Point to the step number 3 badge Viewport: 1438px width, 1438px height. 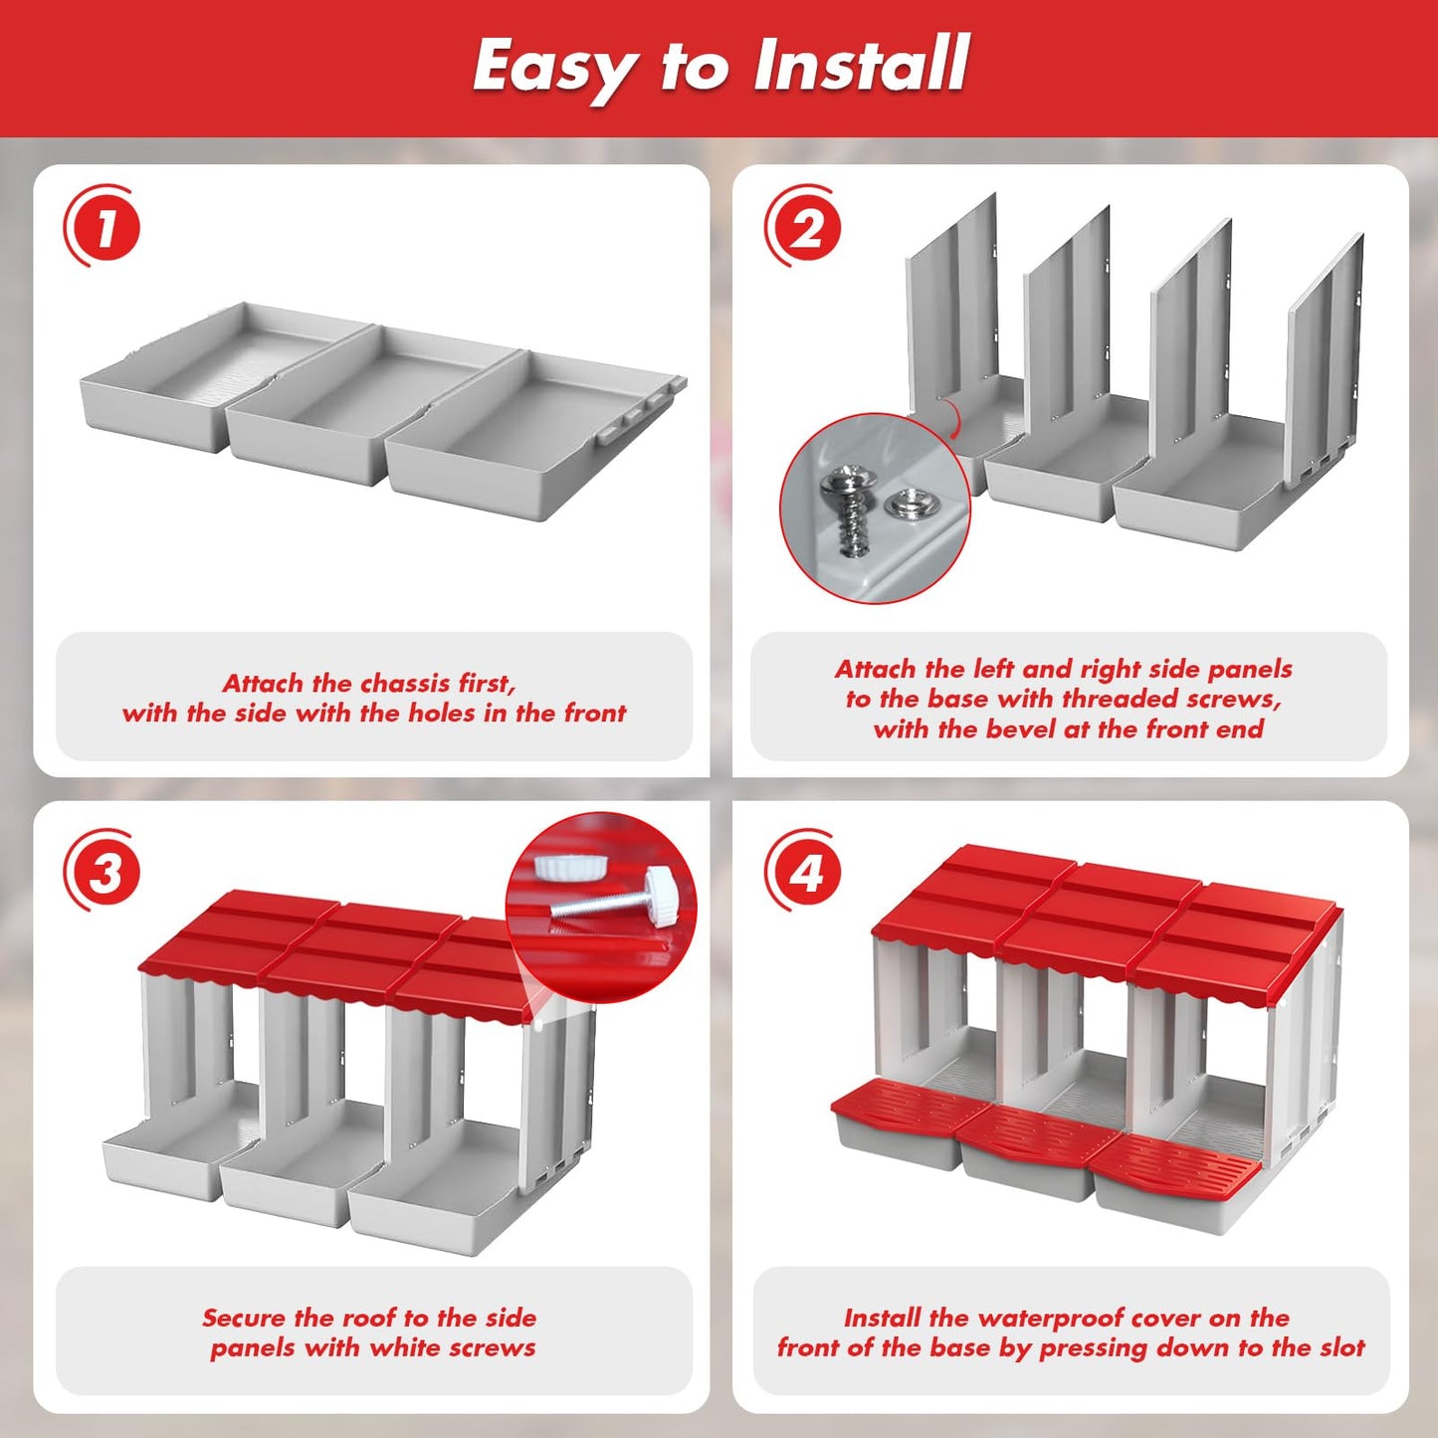103,870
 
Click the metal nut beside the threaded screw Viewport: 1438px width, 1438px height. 905,506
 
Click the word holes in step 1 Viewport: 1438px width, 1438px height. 444,713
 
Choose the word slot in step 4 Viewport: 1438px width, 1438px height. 1343,1347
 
